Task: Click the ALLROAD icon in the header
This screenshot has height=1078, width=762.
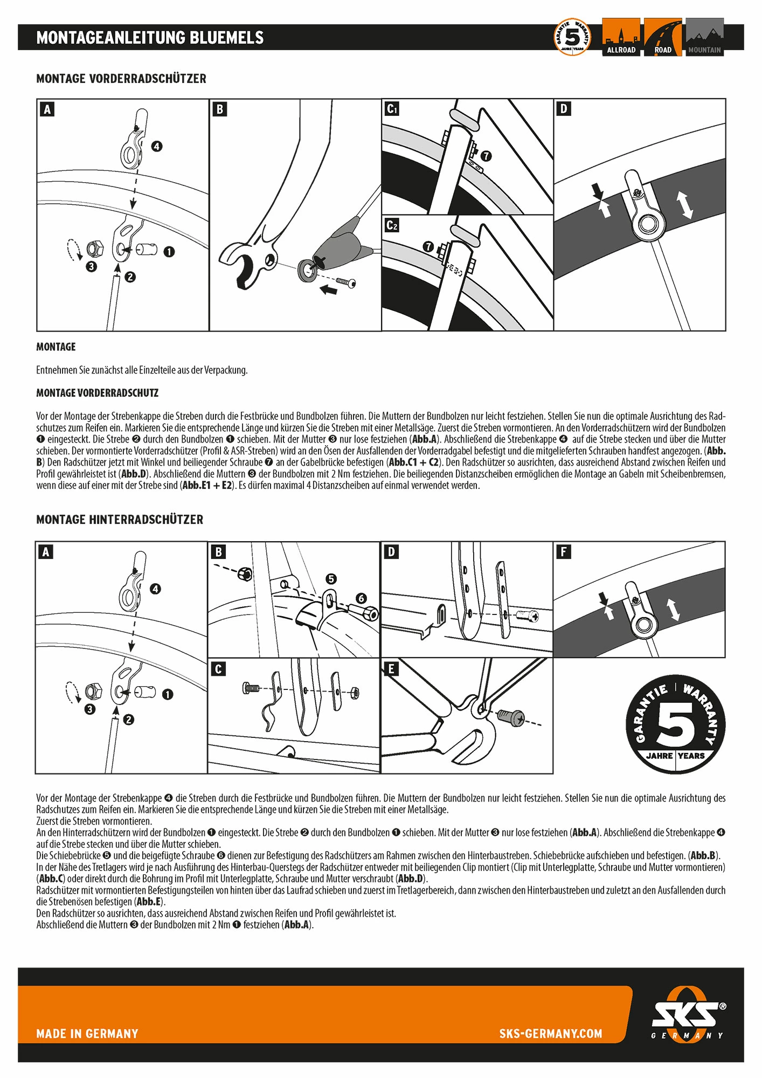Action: pos(621,37)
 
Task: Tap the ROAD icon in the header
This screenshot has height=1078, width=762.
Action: pos(663,37)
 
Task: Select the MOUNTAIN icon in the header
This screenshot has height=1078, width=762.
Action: pos(704,37)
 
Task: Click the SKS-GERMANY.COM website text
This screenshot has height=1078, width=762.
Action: pos(550,1033)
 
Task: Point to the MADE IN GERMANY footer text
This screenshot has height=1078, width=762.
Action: pos(87,1033)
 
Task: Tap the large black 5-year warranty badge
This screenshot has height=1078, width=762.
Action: pos(675,724)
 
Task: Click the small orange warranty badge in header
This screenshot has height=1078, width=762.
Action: pos(572,37)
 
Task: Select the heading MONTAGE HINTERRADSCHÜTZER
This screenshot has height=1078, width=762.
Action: pos(120,520)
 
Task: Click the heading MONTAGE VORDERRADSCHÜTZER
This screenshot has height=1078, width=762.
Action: pos(121,79)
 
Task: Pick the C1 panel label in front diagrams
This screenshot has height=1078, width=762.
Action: pos(392,109)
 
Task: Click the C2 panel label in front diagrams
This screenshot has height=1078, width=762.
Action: pos(392,225)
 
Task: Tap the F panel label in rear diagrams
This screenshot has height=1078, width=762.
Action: pos(563,551)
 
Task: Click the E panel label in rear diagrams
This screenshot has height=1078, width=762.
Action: pos(391,669)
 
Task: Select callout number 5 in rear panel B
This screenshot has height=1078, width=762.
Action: pos(331,579)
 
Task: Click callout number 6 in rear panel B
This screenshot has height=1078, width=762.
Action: pos(361,598)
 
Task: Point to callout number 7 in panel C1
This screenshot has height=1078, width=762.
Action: pos(486,156)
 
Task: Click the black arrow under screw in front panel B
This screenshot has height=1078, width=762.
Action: pos(328,290)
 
